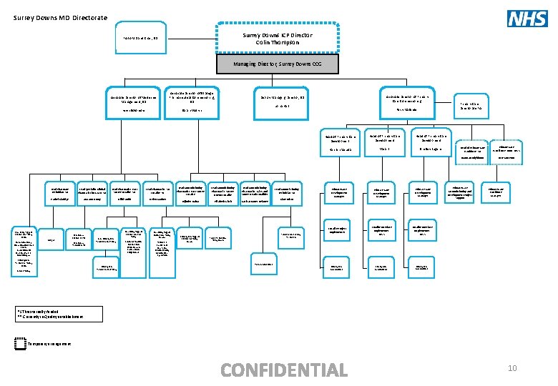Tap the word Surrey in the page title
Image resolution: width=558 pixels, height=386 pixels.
(x=24, y=18)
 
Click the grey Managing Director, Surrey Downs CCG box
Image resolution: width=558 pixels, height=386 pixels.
(x=276, y=65)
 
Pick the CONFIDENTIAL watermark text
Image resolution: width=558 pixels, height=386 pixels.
(x=284, y=370)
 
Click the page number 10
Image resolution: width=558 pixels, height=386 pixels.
(x=511, y=368)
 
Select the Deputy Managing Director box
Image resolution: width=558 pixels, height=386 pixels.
(x=282, y=102)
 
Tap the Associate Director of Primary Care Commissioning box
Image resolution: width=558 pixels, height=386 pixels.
(x=411, y=100)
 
